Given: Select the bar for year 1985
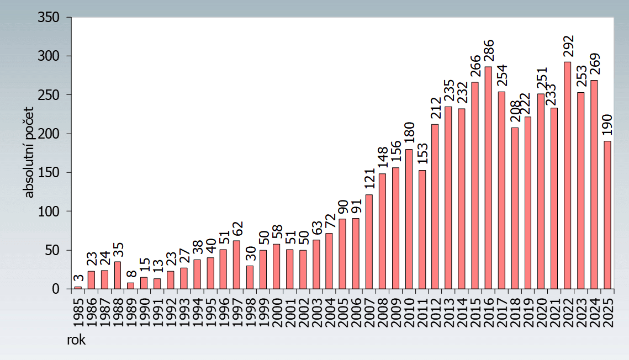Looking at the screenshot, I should pos(78,287).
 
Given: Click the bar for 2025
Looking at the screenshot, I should pos(607,215).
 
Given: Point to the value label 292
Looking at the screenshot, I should pos(568,47).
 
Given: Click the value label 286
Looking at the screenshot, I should pos(489,51).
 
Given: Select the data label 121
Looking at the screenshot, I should pos(369,179).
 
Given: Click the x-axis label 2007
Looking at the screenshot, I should pos(369,311).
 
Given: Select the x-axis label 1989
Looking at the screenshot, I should pos(131,311).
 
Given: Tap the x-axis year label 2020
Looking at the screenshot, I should pos(541,311).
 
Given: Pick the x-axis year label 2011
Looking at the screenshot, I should pos(422,311).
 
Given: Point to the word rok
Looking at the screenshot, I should pos(76,340).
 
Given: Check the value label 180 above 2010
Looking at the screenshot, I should pos(409,134).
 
